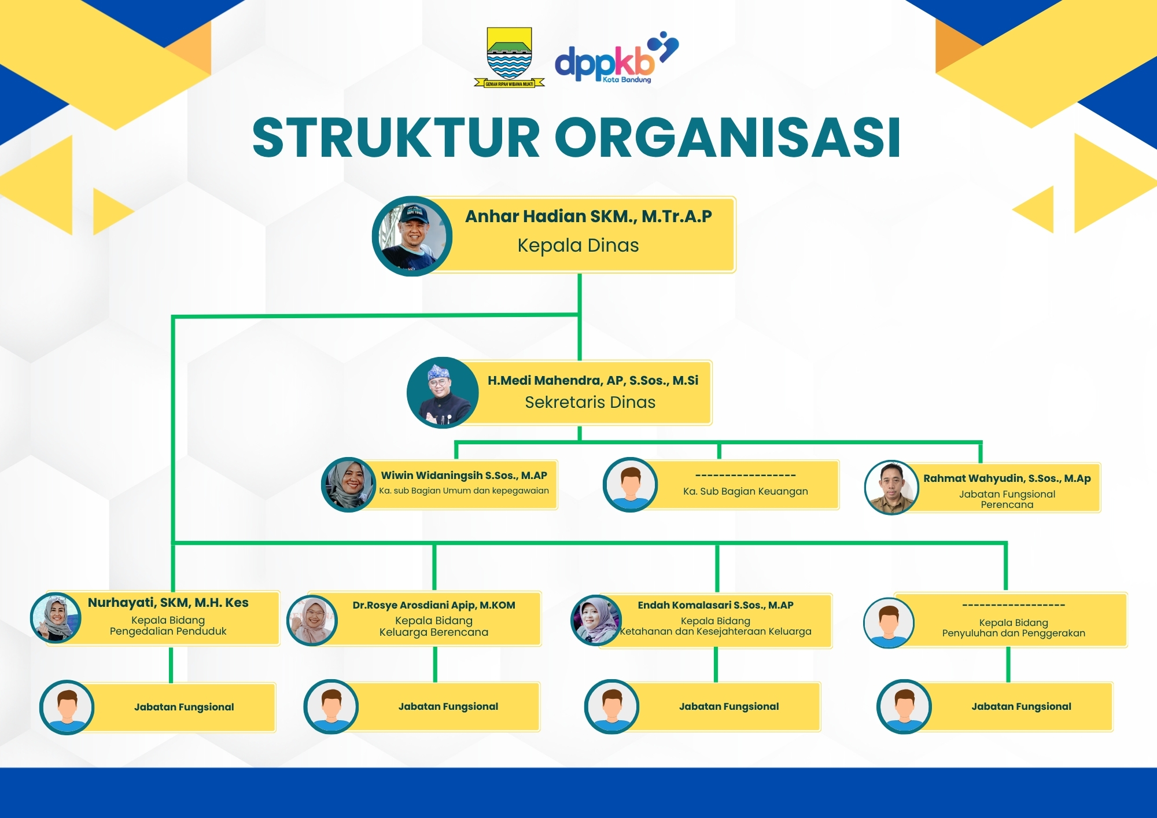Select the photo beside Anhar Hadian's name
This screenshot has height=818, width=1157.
(412, 236)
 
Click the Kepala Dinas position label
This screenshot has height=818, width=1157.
(578, 245)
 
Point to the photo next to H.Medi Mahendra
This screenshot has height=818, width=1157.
(443, 393)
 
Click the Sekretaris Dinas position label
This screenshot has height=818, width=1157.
(590, 402)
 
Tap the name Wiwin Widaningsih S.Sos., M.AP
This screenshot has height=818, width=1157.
(464, 476)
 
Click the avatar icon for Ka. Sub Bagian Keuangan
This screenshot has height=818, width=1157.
(630, 485)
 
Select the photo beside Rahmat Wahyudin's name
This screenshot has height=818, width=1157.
(891, 487)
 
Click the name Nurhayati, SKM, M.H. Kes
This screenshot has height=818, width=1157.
(168, 603)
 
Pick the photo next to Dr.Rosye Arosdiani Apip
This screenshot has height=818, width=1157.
(312, 620)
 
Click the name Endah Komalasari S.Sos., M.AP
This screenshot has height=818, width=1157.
(716, 605)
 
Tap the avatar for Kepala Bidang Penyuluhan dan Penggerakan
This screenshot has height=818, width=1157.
(889, 622)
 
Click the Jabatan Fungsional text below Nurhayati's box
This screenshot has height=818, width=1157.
(184, 707)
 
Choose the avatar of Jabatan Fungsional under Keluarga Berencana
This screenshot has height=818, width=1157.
(331, 707)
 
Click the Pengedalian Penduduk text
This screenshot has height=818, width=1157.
(168, 631)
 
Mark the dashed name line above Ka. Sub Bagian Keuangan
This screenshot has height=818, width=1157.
(745, 476)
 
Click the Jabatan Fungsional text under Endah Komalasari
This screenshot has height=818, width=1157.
(729, 706)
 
